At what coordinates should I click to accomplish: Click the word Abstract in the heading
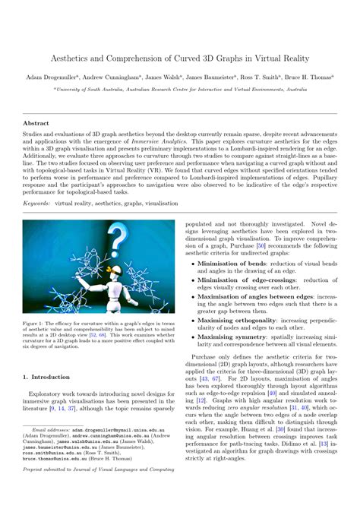click(x=37, y=122)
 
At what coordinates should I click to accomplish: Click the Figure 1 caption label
click(x=34, y=321)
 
